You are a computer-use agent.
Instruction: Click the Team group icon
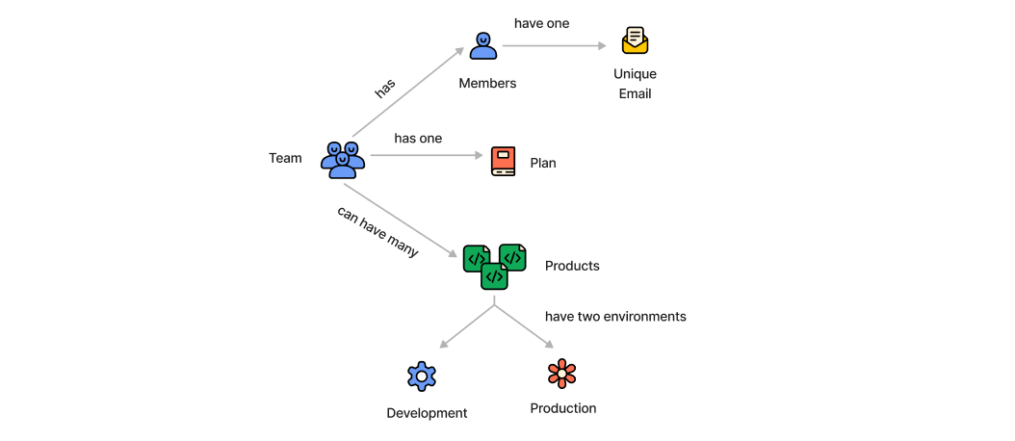(x=343, y=160)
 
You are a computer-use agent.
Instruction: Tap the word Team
(x=285, y=158)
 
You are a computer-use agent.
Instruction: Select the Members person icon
(x=483, y=45)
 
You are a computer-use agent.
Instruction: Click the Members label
(x=487, y=84)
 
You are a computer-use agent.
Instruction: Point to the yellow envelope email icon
(x=635, y=40)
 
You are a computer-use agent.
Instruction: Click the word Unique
(x=635, y=74)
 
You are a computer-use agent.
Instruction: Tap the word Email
(x=635, y=94)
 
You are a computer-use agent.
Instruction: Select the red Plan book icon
(x=503, y=161)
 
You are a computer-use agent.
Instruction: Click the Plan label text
(x=543, y=164)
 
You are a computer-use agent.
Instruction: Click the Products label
(x=572, y=266)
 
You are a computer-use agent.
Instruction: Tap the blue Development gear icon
(x=422, y=376)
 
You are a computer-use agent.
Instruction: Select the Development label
(x=427, y=413)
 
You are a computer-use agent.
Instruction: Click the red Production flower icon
(x=561, y=374)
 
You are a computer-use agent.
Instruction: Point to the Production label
(x=563, y=408)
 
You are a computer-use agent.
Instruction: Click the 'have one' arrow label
(x=541, y=23)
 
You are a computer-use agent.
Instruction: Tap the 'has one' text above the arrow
(x=418, y=139)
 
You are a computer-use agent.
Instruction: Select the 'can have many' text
(x=377, y=232)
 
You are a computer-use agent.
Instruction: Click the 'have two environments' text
(x=615, y=316)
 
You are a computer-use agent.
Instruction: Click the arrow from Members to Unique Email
(x=559, y=45)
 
